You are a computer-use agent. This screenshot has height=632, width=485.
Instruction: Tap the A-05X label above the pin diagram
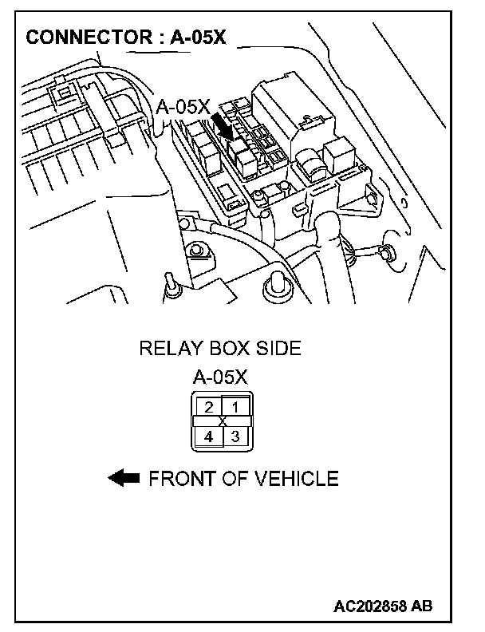point(220,377)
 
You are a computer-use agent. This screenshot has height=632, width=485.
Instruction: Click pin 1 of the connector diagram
point(235,407)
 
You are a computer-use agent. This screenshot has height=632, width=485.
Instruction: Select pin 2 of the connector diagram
point(208,407)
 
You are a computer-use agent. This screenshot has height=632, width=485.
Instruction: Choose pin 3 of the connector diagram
point(235,436)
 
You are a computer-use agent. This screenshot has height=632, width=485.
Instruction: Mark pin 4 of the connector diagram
point(208,436)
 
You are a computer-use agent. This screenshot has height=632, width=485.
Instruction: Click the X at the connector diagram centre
point(222,421)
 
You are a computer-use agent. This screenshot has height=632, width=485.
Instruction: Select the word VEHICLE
point(296,479)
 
